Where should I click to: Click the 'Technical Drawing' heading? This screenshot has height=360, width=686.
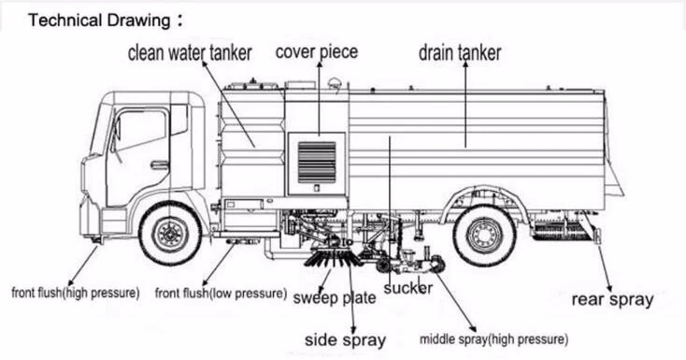point(99,21)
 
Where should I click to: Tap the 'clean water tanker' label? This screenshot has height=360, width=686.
point(190,53)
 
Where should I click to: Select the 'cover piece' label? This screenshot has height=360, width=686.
point(317,51)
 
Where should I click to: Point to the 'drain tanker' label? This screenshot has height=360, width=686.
point(460,52)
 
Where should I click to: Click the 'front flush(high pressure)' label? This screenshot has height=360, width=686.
point(76,293)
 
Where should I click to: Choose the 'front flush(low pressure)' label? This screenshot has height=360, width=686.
point(221,293)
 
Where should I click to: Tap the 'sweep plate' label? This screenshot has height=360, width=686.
point(335,298)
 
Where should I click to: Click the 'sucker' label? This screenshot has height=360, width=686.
point(408,288)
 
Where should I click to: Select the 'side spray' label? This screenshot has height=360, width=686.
point(345,339)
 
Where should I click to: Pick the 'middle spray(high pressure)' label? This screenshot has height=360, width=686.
point(493,339)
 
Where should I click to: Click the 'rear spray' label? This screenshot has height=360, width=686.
point(612,299)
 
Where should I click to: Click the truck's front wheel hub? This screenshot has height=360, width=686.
point(170,234)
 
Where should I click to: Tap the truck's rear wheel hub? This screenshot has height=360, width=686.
point(484,236)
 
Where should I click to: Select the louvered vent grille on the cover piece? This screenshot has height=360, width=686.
point(317,162)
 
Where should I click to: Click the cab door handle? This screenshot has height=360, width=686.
point(160,166)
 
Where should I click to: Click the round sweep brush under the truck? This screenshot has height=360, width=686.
point(334,258)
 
